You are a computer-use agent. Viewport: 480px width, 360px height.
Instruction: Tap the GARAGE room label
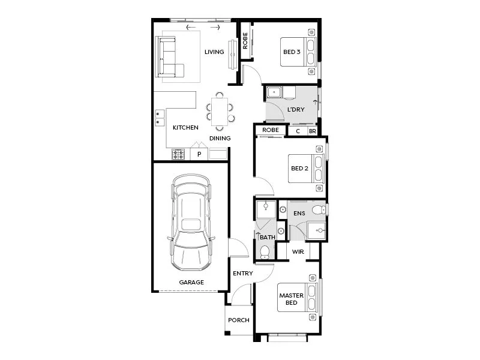191,282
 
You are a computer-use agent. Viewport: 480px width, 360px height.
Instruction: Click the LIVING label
214,52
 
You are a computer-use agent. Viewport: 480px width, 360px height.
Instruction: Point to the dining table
220,110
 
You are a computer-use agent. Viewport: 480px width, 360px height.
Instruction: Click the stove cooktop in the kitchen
178,154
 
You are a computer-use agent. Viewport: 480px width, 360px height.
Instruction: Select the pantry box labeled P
199,154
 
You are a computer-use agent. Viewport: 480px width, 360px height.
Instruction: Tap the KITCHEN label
185,128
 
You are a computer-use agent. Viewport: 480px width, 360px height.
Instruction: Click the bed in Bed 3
311,52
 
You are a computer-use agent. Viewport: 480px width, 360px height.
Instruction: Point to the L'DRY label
296,110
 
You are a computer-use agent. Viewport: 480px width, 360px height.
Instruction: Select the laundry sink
274,92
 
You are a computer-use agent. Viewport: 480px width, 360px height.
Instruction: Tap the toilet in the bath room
264,251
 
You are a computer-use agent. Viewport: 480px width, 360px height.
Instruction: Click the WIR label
298,252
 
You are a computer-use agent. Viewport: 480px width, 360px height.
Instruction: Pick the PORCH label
238,320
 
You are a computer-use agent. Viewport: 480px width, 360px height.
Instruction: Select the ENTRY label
243,274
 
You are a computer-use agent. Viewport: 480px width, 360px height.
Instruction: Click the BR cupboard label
312,131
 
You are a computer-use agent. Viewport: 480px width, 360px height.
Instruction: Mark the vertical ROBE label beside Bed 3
245,41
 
